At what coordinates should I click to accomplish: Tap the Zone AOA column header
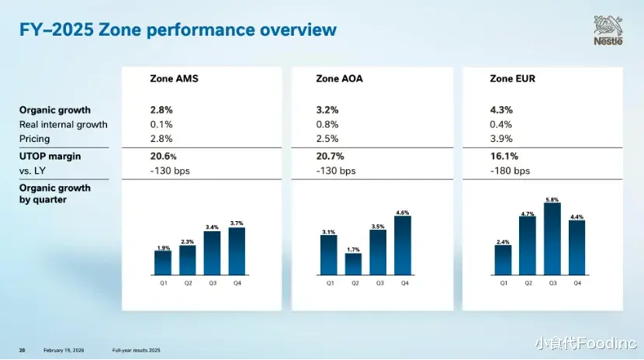pyautogui.click(x=339, y=78)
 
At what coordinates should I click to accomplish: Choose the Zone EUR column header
pyautogui.click(x=512, y=78)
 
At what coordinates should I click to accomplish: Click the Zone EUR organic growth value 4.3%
pyautogui.click(x=501, y=110)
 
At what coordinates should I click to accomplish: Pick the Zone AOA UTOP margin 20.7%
pyautogui.click(x=331, y=156)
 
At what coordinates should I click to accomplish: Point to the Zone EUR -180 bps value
pyautogui.click(x=510, y=171)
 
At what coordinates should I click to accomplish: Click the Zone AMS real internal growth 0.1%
pyautogui.click(x=161, y=124)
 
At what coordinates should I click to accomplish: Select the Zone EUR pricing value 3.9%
pyautogui.click(x=501, y=139)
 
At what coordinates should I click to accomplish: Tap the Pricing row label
pyautogui.click(x=34, y=139)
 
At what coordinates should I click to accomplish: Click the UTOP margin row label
pyautogui.click(x=50, y=156)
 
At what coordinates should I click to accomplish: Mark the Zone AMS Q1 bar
pyautogui.click(x=163, y=263)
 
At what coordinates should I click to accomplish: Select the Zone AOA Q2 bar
pyautogui.click(x=354, y=264)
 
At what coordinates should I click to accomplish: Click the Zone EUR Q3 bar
pyautogui.click(x=552, y=239)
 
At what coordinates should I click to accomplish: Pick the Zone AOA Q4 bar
pyautogui.click(x=403, y=245)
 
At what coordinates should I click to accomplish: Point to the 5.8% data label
pyautogui.click(x=552, y=199)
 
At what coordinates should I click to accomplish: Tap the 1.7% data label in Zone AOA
pyautogui.click(x=354, y=249)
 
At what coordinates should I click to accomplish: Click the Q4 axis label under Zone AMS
pyautogui.click(x=237, y=283)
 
